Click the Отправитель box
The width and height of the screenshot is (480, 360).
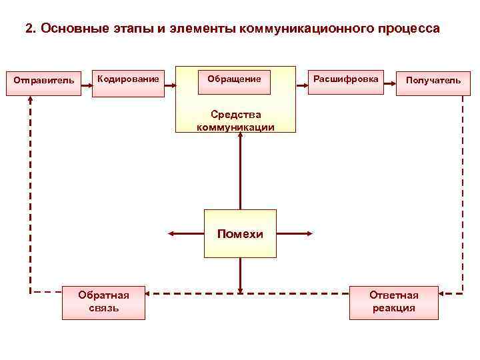coord(45,81)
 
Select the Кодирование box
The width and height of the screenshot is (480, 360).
coord(128,81)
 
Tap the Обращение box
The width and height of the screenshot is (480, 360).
coord(234,80)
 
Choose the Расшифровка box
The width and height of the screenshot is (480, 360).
coord(345,80)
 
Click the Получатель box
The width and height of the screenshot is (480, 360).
coord(433,81)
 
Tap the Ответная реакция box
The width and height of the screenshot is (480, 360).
coord(394,301)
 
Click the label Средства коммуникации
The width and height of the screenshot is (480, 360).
coord(235,121)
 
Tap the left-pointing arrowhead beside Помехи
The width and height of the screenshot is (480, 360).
coord(171,234)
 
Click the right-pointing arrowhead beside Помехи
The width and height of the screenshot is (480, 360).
coord(308,234)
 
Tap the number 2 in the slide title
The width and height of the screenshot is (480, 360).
coord(28,29)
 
